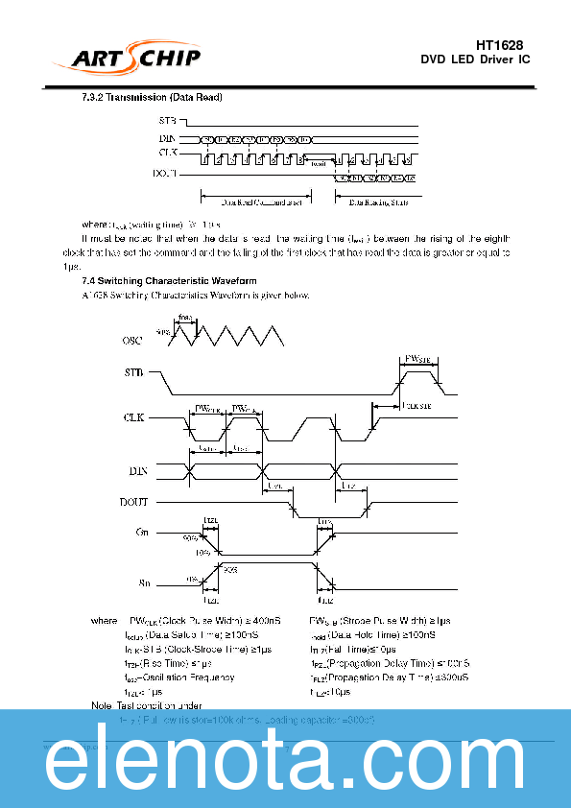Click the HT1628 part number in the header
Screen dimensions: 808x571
pos(499,45)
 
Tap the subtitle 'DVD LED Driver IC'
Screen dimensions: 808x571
pos(475,60)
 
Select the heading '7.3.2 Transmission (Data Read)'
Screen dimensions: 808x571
pos(154,99)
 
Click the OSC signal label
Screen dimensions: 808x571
pos(133,341)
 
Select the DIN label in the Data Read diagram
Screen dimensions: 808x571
pos(167,139)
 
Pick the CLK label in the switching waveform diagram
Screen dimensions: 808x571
pos(134,418)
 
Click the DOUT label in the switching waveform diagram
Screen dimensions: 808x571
pos(134,502)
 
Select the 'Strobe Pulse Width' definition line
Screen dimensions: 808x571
pos(381,622)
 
